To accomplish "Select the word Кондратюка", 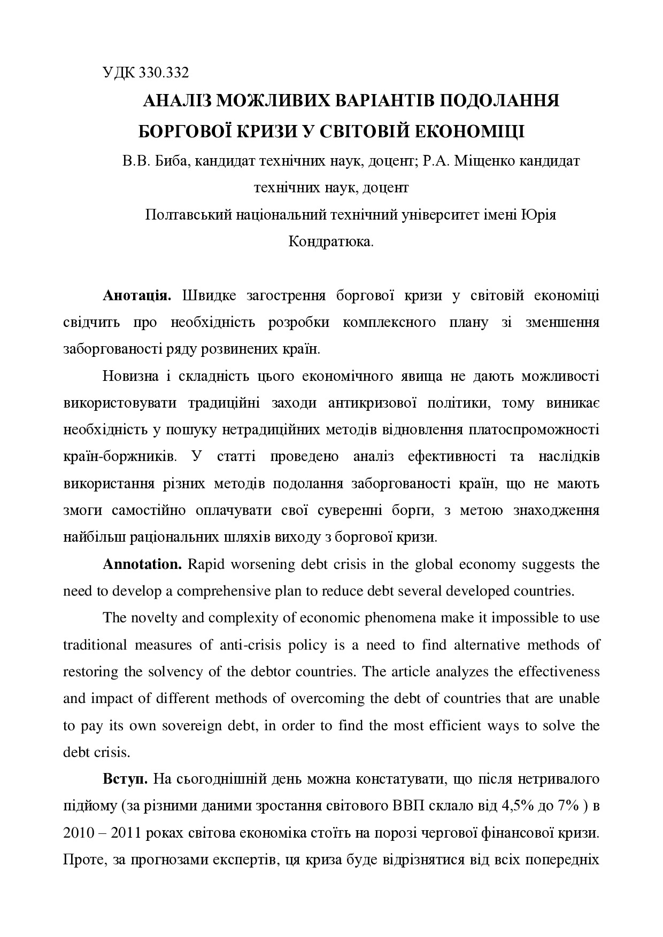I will click(x=330, y=242).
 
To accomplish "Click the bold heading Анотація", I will click(x=137, y=296).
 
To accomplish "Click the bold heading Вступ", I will click(x=125, y=779).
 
